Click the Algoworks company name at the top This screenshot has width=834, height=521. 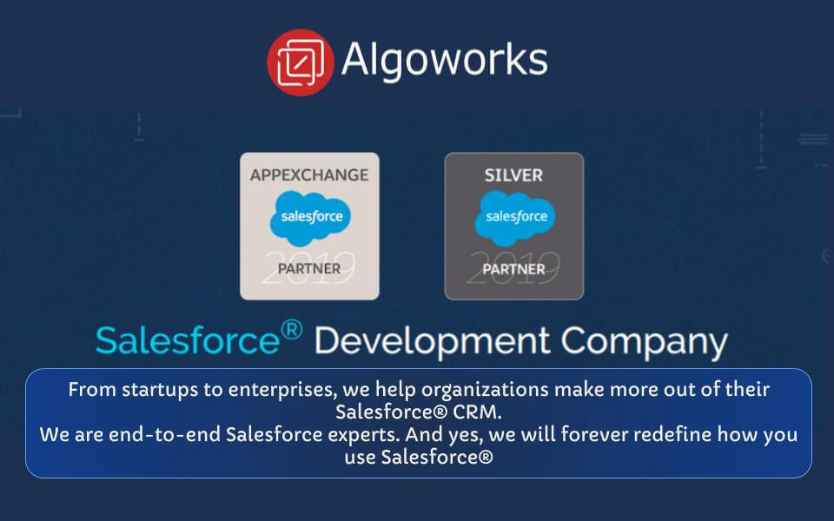pyautogui.click(x=444, y=60)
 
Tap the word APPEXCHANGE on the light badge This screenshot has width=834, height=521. pyautogui.click(x=309, y=175)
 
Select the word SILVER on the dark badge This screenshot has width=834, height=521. pyautogui.click(x=513, y=175)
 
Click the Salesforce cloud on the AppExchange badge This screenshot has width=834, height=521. pyautogui.click(x=310, y=217)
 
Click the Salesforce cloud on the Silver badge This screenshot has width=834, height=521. pyautogui.click(x=514, y=217)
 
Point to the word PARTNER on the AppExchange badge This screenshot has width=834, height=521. pyautogui.click(x=309, y=268)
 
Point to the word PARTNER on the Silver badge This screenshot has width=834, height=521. pyautogui.click(x=513, y=268)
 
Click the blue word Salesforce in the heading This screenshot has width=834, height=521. pyautogui.click(x=188, y=340)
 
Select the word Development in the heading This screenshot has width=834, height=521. pyautogui.click(x=431, y=340)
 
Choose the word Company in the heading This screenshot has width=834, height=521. pyautogui.click(x=644, y=341)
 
